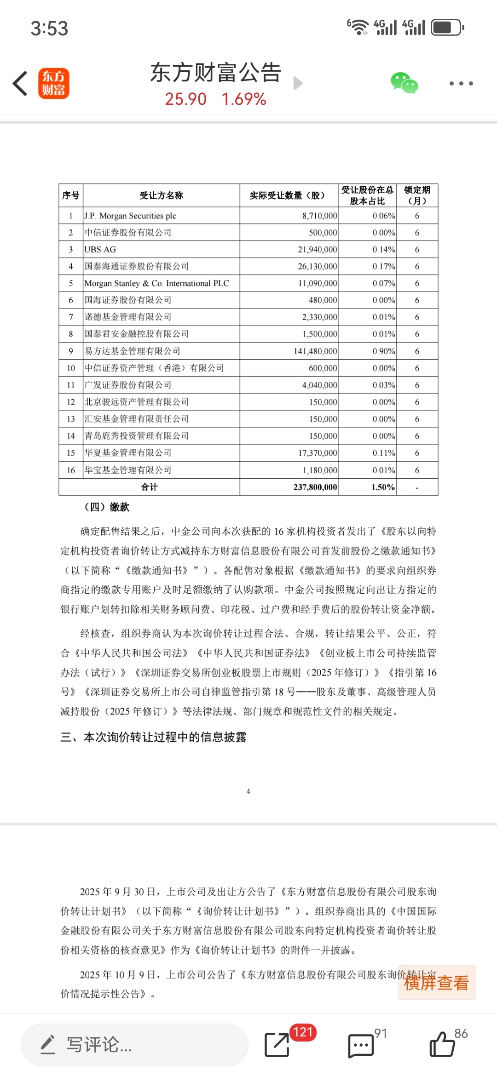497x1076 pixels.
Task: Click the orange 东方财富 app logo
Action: coord(54,84)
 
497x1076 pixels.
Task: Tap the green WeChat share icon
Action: coord(404,83)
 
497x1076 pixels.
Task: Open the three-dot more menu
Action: coord(461,84)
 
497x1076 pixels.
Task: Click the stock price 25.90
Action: coord(186,99)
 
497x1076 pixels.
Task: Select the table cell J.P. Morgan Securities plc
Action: coord(130,216)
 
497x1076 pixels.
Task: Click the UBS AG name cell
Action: coord(100,250)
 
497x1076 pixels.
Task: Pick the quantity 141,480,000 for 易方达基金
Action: coord(315,351)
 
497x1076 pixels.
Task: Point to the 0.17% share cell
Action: coord(383,266)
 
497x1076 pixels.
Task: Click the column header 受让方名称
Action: coord(161,195)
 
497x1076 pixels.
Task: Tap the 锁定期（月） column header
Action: coord(417,195)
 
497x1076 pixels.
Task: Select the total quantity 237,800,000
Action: coord(315,487)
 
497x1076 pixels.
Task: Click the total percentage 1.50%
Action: coord(383,487)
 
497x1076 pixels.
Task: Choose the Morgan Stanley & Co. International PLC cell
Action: coord(156,283)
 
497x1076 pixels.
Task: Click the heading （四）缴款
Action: coord(107,507)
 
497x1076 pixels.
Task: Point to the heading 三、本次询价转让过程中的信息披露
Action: coord(154,737)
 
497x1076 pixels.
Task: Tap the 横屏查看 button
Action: coord(436,983)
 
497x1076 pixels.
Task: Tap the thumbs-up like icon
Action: coord(442,1045)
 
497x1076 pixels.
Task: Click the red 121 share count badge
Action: coord(303,1032)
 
